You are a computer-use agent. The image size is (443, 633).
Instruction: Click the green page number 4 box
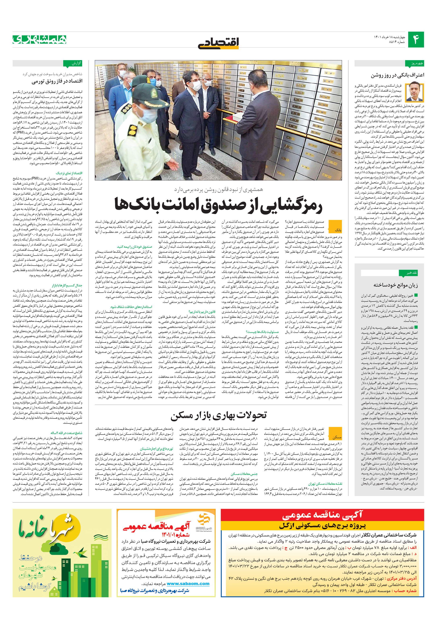[415, 40]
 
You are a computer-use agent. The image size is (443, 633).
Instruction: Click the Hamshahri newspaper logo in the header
[39, 40]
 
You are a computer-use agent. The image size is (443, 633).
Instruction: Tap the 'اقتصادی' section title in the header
[218, 43]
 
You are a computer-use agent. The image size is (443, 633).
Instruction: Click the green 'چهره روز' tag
[414, 64]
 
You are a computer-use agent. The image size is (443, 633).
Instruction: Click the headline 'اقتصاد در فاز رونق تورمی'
[57, 81]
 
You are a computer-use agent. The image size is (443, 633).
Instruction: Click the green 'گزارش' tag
[73, 64]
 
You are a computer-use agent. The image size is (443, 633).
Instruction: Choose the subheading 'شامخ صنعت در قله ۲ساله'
[66, 433]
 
